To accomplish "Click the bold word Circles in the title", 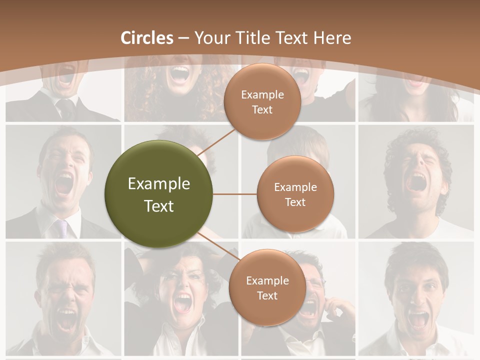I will (x=147, y=38).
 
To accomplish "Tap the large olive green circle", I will (x=159, y=194).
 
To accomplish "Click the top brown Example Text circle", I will (x=262, y=101).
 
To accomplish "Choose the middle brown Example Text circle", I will (x=295, y=194).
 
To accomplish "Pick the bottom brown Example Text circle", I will (x=267, y=287).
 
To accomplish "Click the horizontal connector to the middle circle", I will (x=235, y=194).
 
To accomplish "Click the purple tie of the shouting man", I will (x=62, y=228).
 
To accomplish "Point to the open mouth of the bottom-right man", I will (x=417, y=318).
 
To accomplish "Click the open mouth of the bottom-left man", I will (x=66, y=320).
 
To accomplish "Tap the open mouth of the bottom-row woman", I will (x=182, y=302).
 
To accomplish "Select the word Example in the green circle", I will (x=159, y=184).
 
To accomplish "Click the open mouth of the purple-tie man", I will (x=63, y=184).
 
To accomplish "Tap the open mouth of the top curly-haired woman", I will (x=180, y=74).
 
